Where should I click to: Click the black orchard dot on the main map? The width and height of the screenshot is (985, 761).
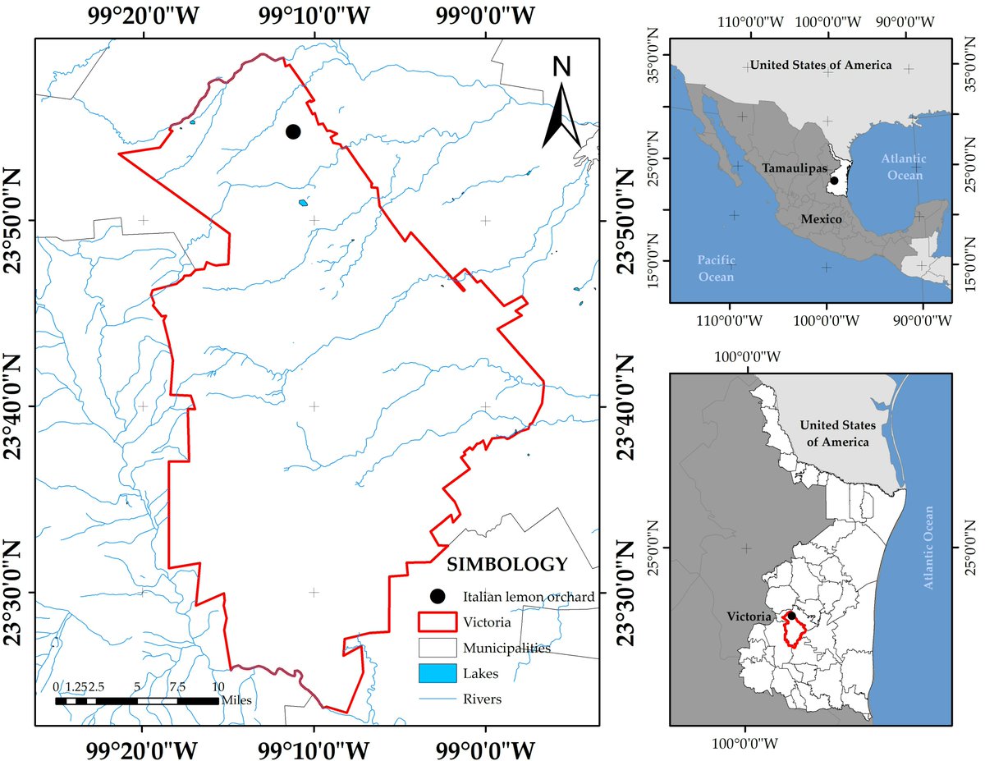293,132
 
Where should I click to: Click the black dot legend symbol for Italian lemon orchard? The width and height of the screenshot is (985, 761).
438,596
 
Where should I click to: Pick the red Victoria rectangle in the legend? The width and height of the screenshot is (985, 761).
438,621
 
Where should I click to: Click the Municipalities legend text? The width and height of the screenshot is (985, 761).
506,648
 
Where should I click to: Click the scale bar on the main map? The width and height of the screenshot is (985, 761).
136,701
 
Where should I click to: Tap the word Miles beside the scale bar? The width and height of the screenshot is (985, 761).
236,700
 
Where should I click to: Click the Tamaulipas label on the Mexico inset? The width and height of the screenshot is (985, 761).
793,167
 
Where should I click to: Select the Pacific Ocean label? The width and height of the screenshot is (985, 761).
715,268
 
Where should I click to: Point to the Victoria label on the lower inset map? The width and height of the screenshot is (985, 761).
749,616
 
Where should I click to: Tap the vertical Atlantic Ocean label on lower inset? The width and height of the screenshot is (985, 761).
930,548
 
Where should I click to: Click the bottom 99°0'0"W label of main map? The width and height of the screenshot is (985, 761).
484,750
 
